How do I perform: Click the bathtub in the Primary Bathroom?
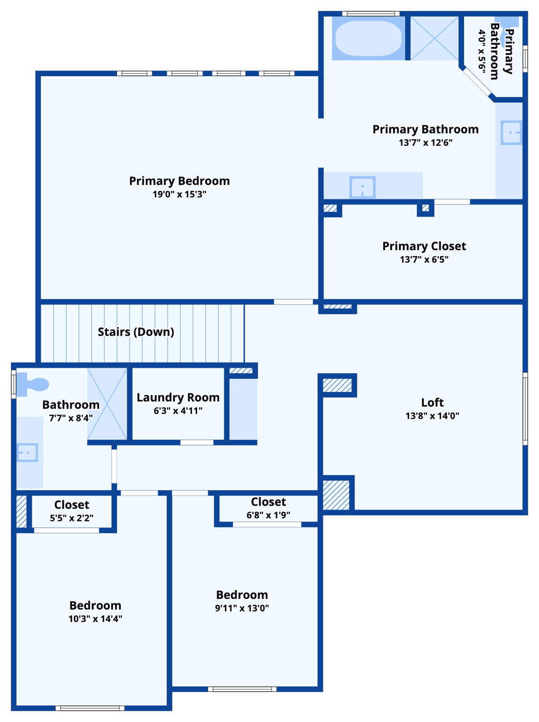coord(369,39)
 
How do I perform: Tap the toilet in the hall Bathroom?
coord(35,385)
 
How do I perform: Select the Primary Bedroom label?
coord(179,181)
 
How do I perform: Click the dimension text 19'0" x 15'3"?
coord(179,194)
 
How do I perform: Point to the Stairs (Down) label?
coord(136,332)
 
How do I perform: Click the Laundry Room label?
coord(178,398)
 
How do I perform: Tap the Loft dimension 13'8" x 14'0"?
coord(432,416)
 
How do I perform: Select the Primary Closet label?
coord(424,246)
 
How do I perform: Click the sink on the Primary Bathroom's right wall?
coord(511,133)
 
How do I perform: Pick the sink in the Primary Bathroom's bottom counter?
coord(362,188)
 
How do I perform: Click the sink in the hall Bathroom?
coord(27,453)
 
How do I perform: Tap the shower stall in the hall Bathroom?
coord(107,404)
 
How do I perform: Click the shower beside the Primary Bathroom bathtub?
coord(435,39)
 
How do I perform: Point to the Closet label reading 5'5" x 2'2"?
coord(71,505)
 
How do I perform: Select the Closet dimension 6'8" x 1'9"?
coord(268,515)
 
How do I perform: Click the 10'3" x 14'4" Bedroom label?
coord(95,605)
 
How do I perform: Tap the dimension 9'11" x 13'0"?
coord(242,608)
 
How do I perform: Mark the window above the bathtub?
coord(370,14)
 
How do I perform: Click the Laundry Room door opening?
coord(197,442)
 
